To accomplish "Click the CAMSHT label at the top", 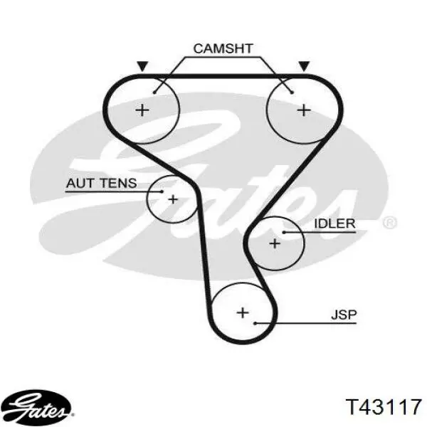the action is pos(223,48).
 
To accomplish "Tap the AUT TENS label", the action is pos(101,183).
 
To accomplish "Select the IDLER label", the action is pos(334,223).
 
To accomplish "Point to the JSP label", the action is pos(344,315).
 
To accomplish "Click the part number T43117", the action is pos(384,407).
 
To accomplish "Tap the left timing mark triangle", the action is pos(142,66).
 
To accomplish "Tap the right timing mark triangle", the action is pos(304,66).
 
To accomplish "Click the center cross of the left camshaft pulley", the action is pos(142,110).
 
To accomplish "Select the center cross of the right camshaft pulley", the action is pos(304,110).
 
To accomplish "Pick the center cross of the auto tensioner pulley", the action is pos(173,199).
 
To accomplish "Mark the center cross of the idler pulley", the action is pos(275,243).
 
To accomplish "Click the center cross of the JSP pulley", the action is pos(243,312).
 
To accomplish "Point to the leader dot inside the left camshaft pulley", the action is pos(154,93).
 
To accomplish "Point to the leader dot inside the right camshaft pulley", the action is pos(292,93).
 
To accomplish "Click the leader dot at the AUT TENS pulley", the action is pos(162,191).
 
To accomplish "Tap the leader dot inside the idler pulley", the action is pos(284,232).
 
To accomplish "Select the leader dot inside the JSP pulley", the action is pos(255,323).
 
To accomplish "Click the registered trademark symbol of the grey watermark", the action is pos(390,223).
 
